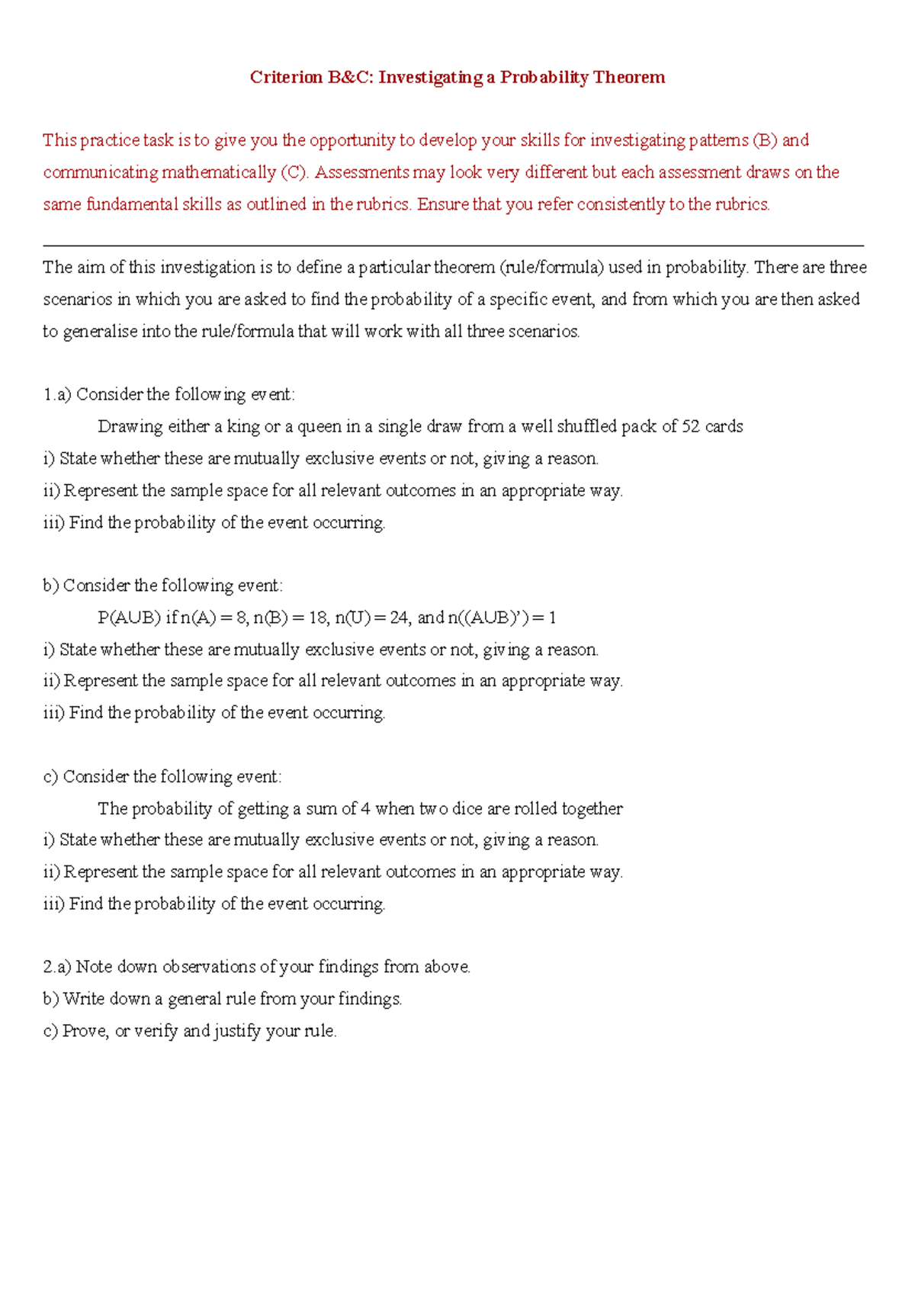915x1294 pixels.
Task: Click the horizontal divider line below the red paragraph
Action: [x=453, y=246]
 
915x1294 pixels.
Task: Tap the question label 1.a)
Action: [x=57, y=394]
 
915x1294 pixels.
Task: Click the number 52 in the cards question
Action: [x=690, y=426]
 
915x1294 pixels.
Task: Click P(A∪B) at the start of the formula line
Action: [x=129, y=618]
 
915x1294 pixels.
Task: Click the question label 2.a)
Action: [x=57, y=967]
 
